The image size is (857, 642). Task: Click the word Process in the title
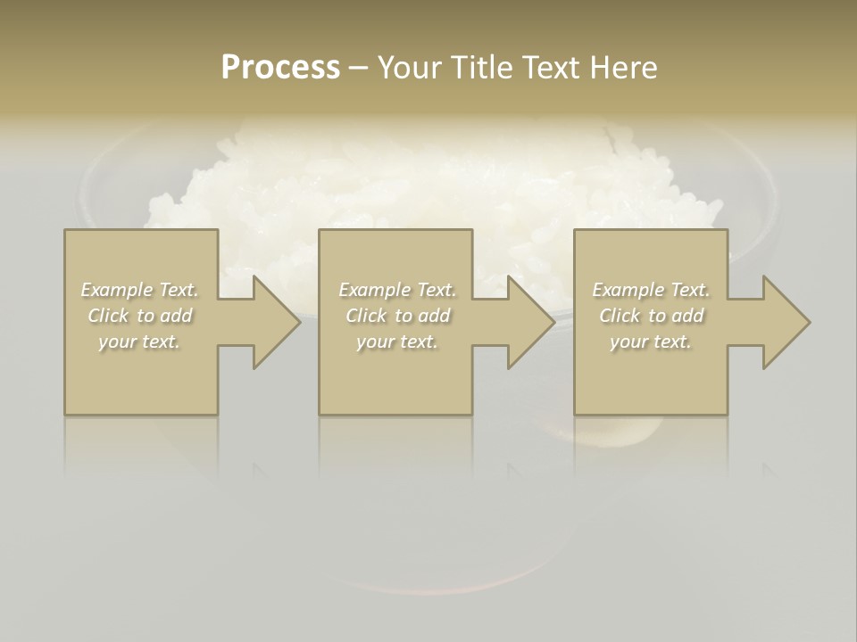pos(280,68)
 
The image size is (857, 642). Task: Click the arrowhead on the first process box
pos(272,322)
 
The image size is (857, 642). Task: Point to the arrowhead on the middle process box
pos(528,322)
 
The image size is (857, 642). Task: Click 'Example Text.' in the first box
pos(140,290)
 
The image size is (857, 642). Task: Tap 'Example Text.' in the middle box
pos(397,290)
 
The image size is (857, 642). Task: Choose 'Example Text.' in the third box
pos(651,290)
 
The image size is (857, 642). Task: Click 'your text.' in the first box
pos(139,342)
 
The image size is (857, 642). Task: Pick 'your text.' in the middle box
pos(396,342)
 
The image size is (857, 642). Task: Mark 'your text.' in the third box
pos(650,342)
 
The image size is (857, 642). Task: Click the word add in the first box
pos(177,316)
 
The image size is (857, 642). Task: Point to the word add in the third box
pos(687,316)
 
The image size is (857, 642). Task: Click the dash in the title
pos(358,68)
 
